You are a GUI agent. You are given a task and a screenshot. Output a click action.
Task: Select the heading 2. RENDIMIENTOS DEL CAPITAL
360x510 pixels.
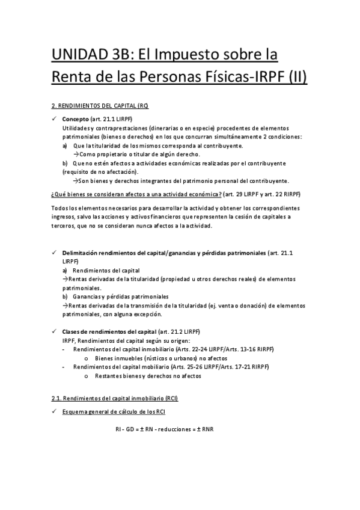(99, 105)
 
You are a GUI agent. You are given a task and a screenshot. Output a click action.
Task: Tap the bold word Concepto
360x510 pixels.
(75, 119)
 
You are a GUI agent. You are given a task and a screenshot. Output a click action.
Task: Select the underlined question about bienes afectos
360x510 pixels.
(135, 194)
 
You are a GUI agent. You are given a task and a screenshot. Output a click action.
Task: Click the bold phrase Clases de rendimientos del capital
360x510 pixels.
(109, 332)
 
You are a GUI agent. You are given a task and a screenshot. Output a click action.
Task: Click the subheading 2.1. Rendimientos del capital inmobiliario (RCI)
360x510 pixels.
(115, 399)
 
